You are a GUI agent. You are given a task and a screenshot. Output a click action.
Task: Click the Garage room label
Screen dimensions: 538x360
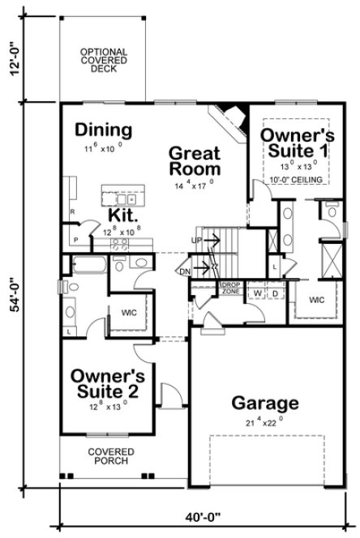(266, 403)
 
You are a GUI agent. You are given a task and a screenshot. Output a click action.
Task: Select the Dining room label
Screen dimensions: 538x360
(104, 130)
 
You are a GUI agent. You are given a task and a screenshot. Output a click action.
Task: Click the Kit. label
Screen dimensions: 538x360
(123, 216)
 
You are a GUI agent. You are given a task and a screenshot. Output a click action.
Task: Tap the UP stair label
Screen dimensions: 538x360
(197, 240)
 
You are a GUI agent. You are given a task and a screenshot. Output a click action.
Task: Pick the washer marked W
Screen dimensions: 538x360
(258, 292)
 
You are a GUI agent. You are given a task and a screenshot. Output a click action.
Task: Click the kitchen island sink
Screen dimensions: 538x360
(124, 197)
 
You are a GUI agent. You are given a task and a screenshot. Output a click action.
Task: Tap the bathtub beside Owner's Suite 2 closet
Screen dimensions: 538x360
(88, 263)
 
